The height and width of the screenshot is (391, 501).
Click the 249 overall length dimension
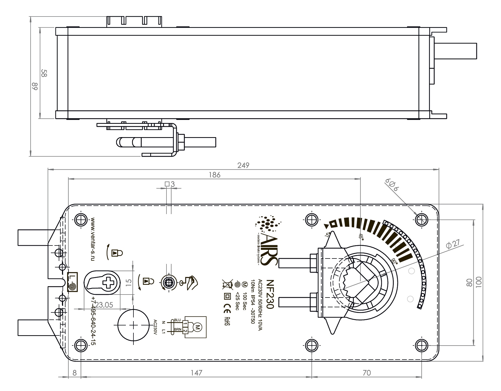point(243,165)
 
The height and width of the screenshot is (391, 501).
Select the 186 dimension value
point(214,175)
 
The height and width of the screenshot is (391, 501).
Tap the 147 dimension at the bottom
point(196,373)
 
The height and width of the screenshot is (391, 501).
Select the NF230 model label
point(270,294)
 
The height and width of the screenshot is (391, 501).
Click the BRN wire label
point(178,329)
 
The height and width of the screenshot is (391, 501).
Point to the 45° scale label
point(361,237)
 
